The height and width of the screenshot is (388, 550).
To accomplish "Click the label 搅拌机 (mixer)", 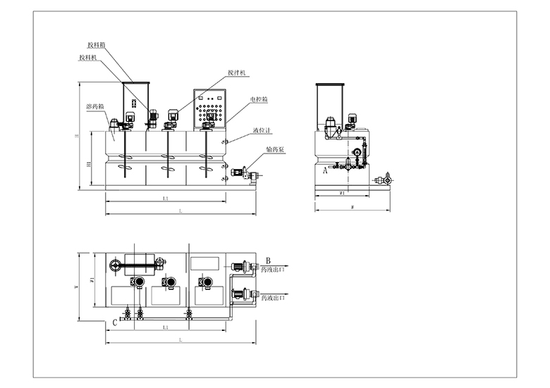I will click(238, 73).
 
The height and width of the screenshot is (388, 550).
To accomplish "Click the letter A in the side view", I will click(324, 169).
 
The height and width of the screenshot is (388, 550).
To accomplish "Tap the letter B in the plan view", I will click(268, 260).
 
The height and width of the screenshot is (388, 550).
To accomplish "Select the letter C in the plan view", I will click(114, 323).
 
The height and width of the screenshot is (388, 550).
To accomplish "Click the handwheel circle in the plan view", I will click(115, 265).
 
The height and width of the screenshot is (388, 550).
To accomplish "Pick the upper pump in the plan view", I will click(237, 265).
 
